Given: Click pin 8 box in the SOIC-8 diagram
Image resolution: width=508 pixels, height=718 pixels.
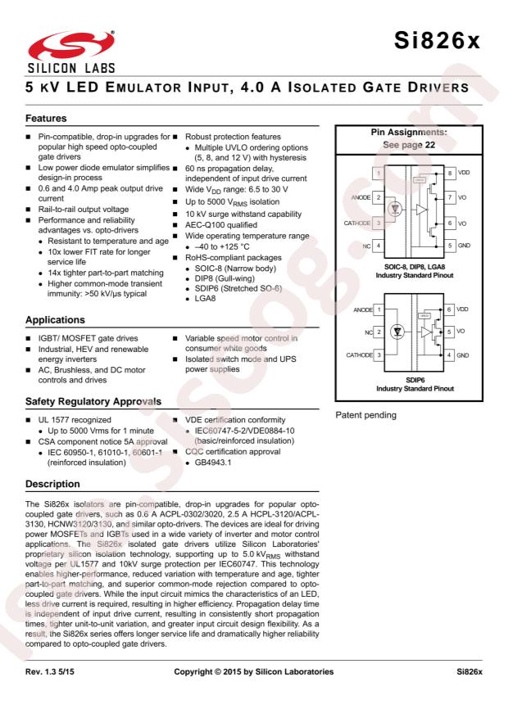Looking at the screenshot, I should point(450,174).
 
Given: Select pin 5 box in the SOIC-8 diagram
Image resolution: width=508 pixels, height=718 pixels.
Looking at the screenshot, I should point(450,246).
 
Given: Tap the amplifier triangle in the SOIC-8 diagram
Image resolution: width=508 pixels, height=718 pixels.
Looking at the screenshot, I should point(420,210).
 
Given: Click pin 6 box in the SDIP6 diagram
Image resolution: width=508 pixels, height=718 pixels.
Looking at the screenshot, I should point(450,310).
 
